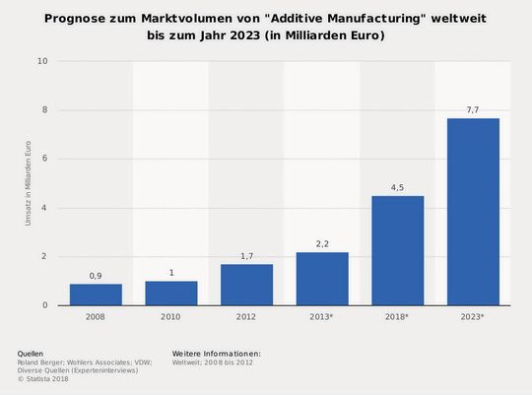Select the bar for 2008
96,295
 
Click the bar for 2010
170,294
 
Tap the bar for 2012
246,285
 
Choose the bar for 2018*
397,250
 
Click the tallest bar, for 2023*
473,212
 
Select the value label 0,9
96,276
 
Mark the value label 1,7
246,256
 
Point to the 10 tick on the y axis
42,61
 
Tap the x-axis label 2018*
397,318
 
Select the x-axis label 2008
96,318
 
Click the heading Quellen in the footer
31,353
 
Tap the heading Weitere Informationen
216,353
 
